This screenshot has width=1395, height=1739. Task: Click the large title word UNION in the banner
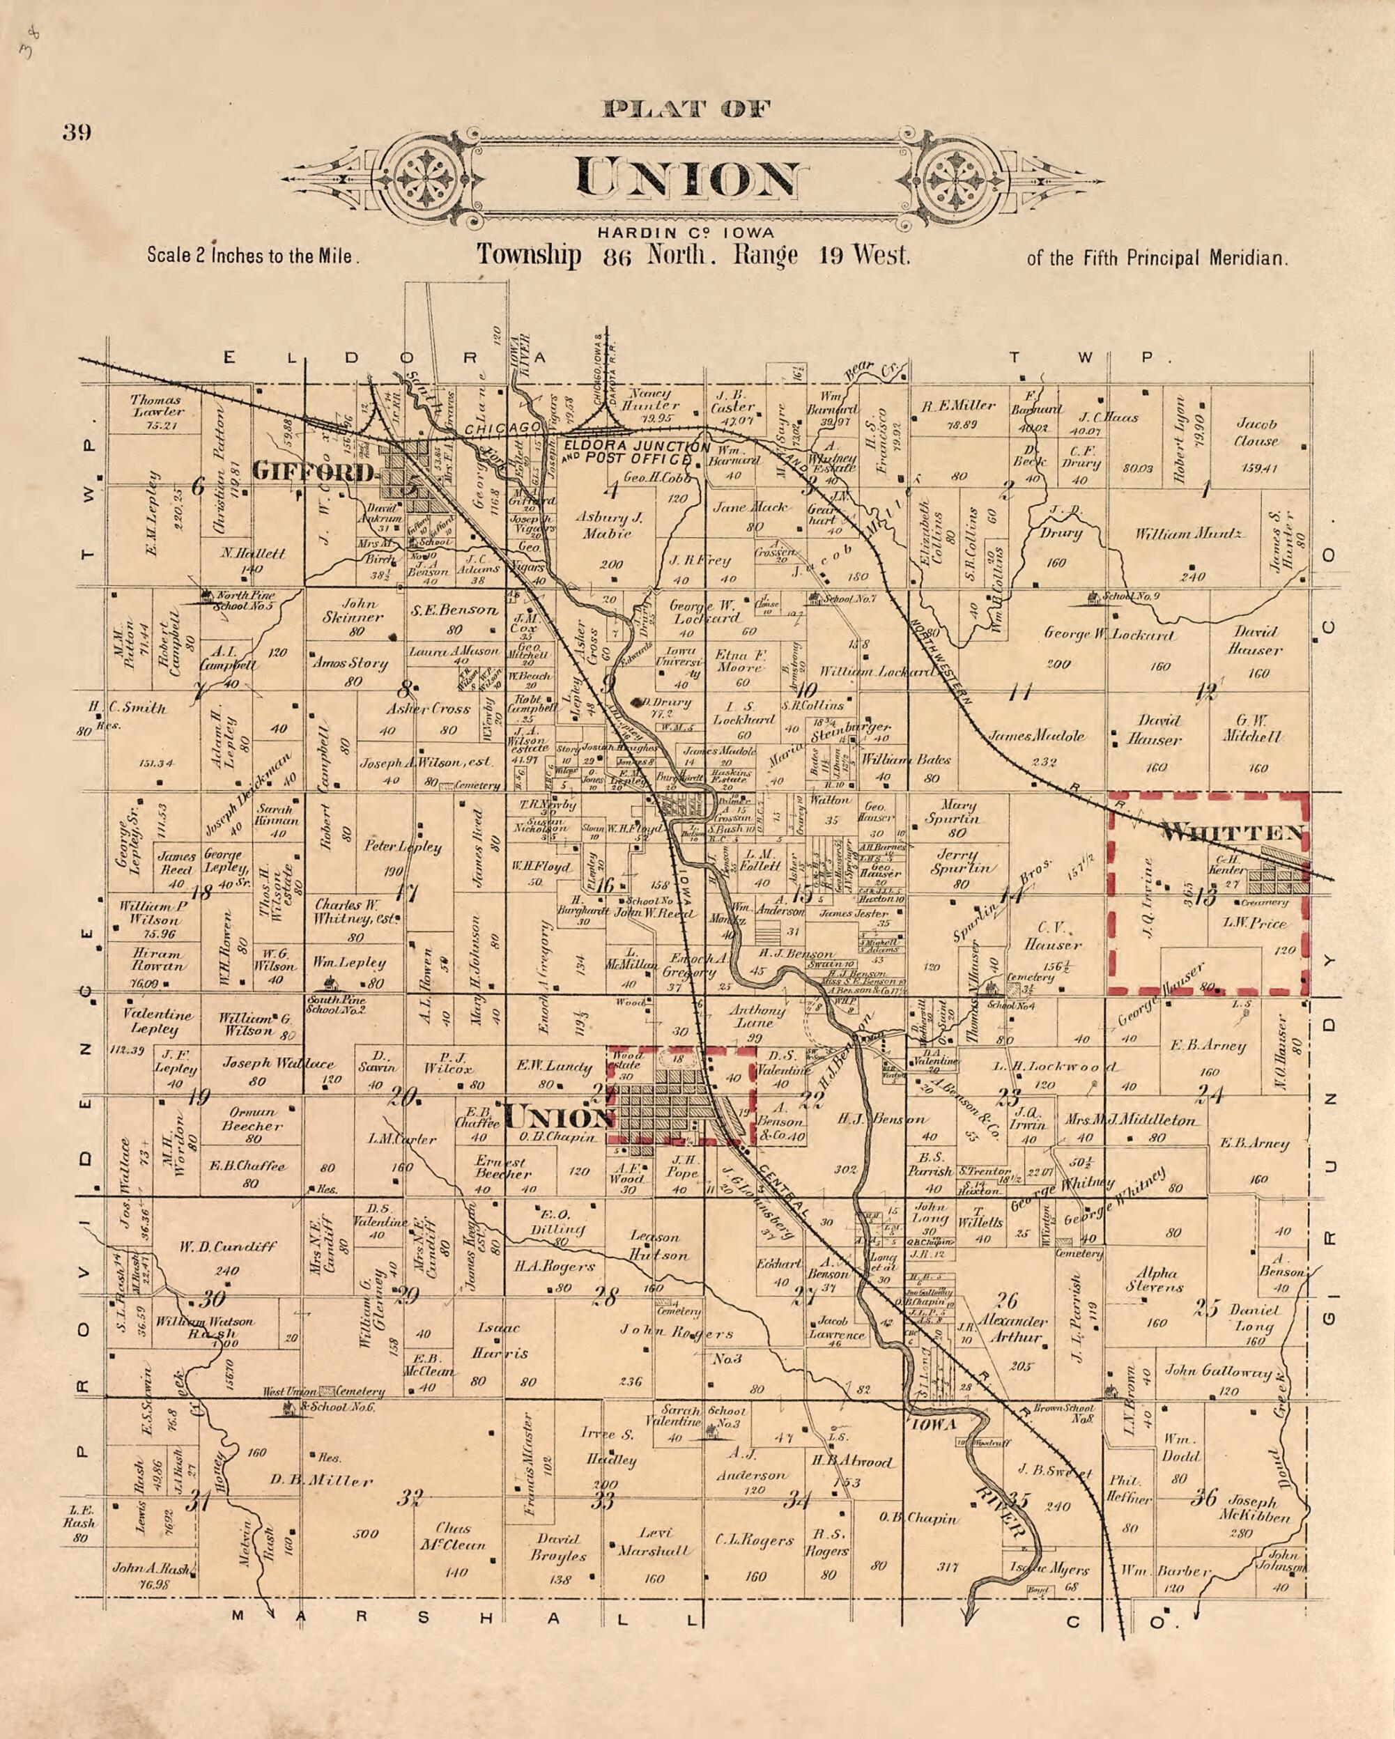[688, 178]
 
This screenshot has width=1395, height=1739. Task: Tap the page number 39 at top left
[77, 132]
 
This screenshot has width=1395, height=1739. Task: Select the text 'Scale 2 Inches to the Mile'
[252, 256]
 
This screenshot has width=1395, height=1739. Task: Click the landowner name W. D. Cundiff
[229, 1246]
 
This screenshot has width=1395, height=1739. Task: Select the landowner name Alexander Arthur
[1013, 1329]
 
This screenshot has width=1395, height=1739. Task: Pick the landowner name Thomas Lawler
[157, 405]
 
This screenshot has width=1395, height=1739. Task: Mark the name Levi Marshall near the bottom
[654, 1540]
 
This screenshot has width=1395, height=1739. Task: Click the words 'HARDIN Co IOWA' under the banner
[686, 233]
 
